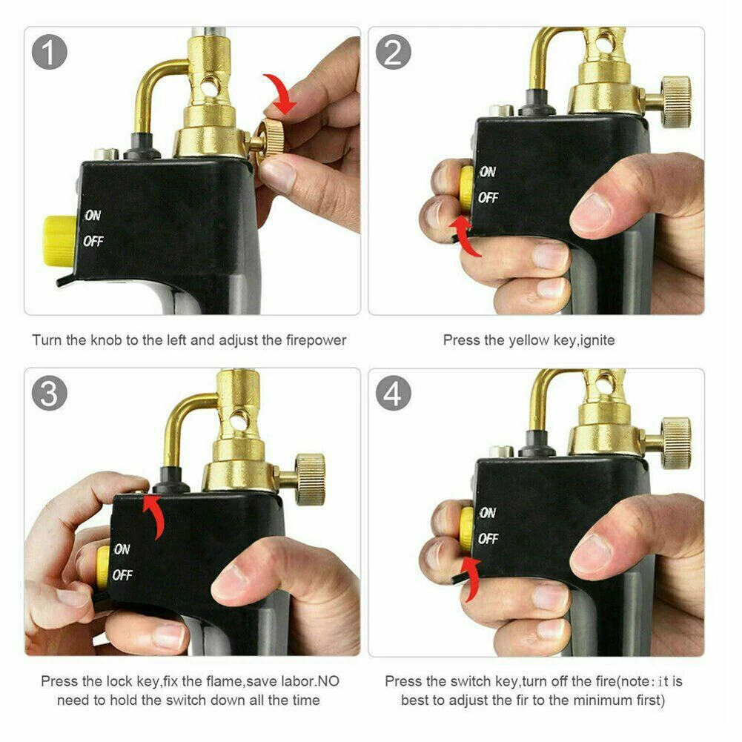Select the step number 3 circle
(50, 394)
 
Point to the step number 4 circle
(393, 394)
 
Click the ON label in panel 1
(93, 216)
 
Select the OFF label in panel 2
(488, 198)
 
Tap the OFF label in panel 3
(122, 574)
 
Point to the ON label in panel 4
(487, 512)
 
